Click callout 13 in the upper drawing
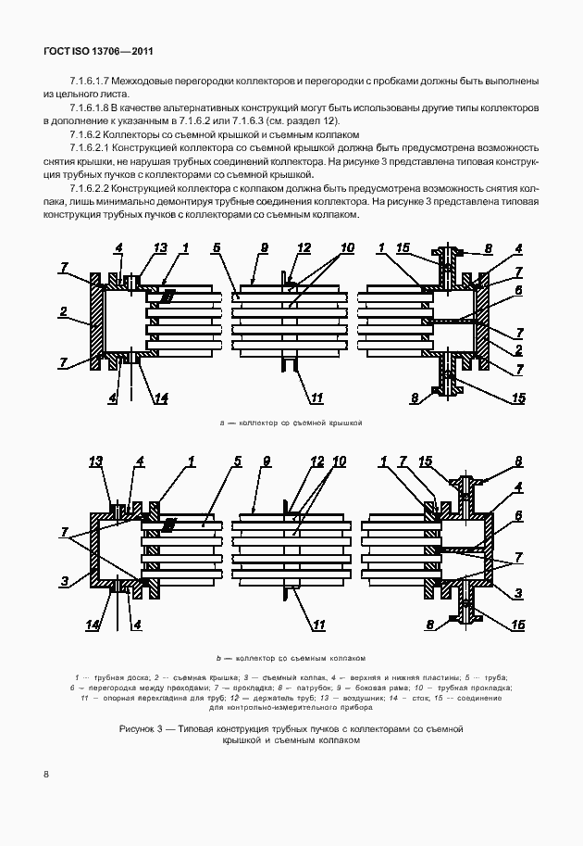click(x=159, y=247)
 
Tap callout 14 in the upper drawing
click(x=160, y=398)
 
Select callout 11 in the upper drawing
click(x=316, y=398)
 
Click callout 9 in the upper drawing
click(x=263, y=247)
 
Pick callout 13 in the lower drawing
click(x=94, y=461)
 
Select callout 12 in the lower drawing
click(x=317, y=461)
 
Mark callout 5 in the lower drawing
click(x=238, y=461)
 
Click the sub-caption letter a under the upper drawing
click(x=222, y=423)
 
